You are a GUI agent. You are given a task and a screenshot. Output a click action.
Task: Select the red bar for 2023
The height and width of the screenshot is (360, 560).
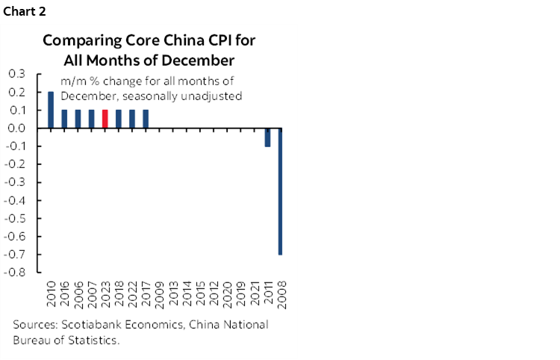(105, 119)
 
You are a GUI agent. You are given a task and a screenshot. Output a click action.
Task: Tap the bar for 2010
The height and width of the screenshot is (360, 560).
(51, 110)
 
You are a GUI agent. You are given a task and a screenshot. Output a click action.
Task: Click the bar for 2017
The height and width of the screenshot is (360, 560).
(146, 119)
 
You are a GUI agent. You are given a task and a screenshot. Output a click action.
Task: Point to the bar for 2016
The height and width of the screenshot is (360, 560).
(64, 119)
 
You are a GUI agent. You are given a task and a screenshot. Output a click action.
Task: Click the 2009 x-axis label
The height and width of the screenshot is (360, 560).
(159, 297)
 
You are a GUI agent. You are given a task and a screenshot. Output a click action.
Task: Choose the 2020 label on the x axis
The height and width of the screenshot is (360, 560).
(227, 297)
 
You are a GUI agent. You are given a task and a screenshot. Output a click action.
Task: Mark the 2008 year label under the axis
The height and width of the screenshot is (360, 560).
(281, 297)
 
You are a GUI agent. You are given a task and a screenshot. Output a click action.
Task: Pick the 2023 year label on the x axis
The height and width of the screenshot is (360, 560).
(105, 297)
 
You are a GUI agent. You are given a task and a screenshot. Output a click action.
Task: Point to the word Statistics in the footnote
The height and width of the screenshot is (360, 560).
(93, 341)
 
